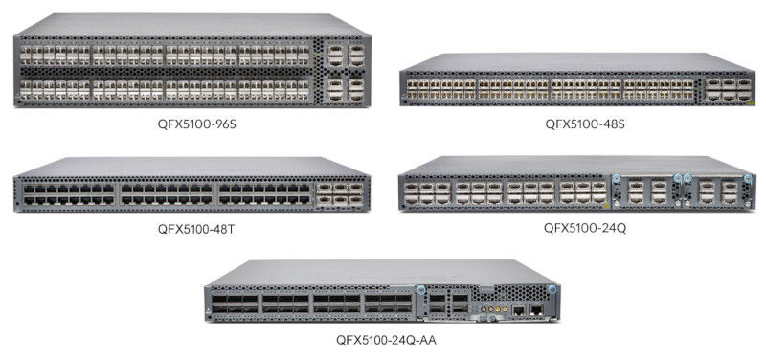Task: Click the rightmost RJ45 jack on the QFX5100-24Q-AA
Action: (538, 310)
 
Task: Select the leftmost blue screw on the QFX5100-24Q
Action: (616, 178)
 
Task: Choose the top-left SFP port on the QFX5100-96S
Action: (26, 48)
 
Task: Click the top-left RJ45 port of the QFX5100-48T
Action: (26, 189)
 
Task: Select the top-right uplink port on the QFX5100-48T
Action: (356, 190)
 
